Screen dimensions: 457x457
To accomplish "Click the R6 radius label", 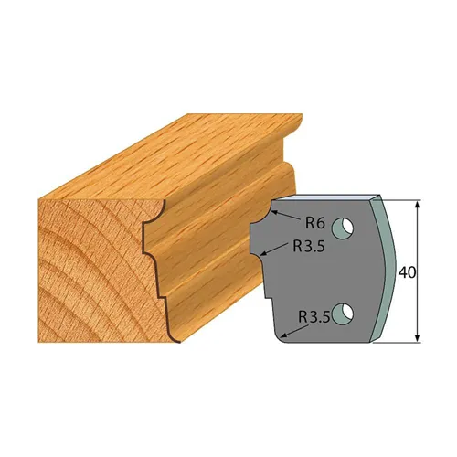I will (x=314, y=220).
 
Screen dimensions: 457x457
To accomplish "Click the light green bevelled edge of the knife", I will (x=388, y=270).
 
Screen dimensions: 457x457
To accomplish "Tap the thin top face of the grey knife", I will (x=329, y=197).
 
